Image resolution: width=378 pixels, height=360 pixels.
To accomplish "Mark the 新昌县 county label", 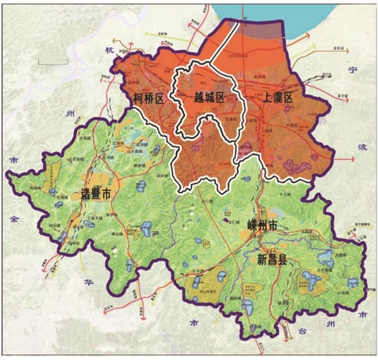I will [270, 259].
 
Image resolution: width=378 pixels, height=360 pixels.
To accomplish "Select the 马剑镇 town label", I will [32, 182].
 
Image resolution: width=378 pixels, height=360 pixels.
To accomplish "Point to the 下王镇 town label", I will [286, 194].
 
